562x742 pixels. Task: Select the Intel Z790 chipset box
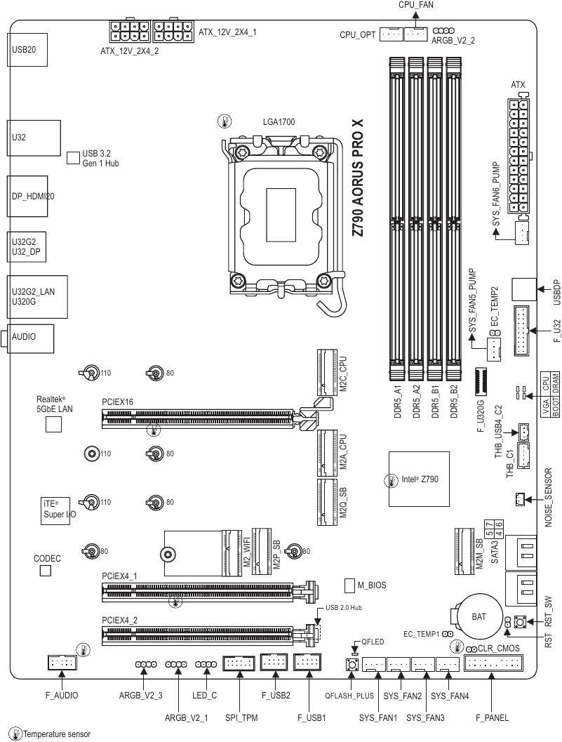point(418,479)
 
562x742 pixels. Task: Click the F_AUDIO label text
point(62,696)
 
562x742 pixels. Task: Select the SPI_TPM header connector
point(239,663)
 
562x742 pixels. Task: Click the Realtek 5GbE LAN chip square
point(53,423)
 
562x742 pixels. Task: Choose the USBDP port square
point(523,288)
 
